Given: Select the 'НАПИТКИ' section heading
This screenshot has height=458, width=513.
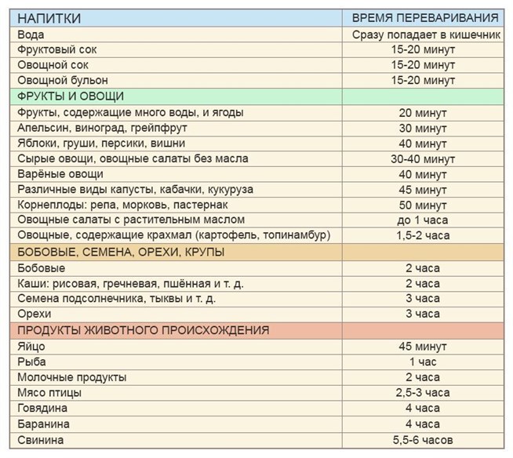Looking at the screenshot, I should (x=49, y=18).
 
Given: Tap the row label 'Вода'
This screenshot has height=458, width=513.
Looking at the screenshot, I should (x=31, y=35).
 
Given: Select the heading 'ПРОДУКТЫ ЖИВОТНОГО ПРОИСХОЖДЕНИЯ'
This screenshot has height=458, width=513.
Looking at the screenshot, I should (x=143, y=330).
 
